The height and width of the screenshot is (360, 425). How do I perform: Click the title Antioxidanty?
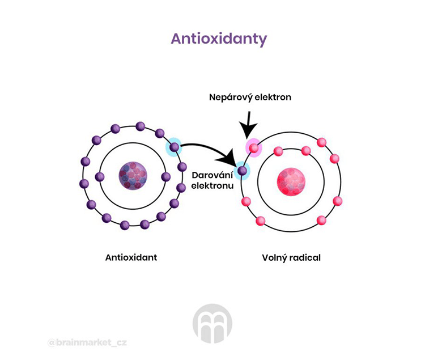219,39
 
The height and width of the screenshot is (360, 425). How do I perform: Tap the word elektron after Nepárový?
273,97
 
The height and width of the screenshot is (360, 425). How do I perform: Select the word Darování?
212,175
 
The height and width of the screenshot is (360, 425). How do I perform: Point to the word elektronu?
212,186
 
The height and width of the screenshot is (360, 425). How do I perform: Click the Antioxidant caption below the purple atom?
131,257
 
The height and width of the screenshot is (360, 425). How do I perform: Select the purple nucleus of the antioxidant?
133,176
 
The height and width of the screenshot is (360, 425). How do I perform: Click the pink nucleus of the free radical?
291,181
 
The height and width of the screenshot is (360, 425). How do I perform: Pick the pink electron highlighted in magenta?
254,148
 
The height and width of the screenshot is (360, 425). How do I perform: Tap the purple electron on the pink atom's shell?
243,171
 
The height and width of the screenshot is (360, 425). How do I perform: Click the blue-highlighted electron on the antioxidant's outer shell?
175,147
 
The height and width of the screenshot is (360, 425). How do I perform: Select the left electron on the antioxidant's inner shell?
100,177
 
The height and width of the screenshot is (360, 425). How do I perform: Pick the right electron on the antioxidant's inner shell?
165,177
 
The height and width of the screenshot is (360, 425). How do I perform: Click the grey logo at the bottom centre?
212,323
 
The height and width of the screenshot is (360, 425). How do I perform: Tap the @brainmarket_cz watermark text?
87,342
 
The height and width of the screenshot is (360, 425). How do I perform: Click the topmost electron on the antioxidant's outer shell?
141,126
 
